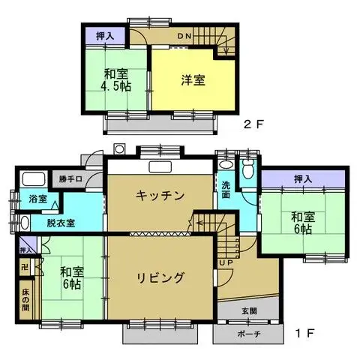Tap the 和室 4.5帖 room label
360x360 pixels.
pyautogui.click(x=115, y=79)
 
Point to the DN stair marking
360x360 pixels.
pyautogui.click(x=184, y=36)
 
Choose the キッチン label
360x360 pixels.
pyautogui.click(x=160, y=196)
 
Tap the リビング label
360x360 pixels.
pyautogui.click(x=160, y=277)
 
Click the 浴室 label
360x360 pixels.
pyautogui.click(x=38, y=199)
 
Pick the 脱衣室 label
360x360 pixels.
pyautogui.click(x=60, y=223)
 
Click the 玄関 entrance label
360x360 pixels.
pyautogui.click(x=248, y=310)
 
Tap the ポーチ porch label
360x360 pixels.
pyautogui.click(x=248, y=334)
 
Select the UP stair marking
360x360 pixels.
pyautogui.click(x=225, y=263)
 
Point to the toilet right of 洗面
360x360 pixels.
pyautogui.click(x=248, y=170)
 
